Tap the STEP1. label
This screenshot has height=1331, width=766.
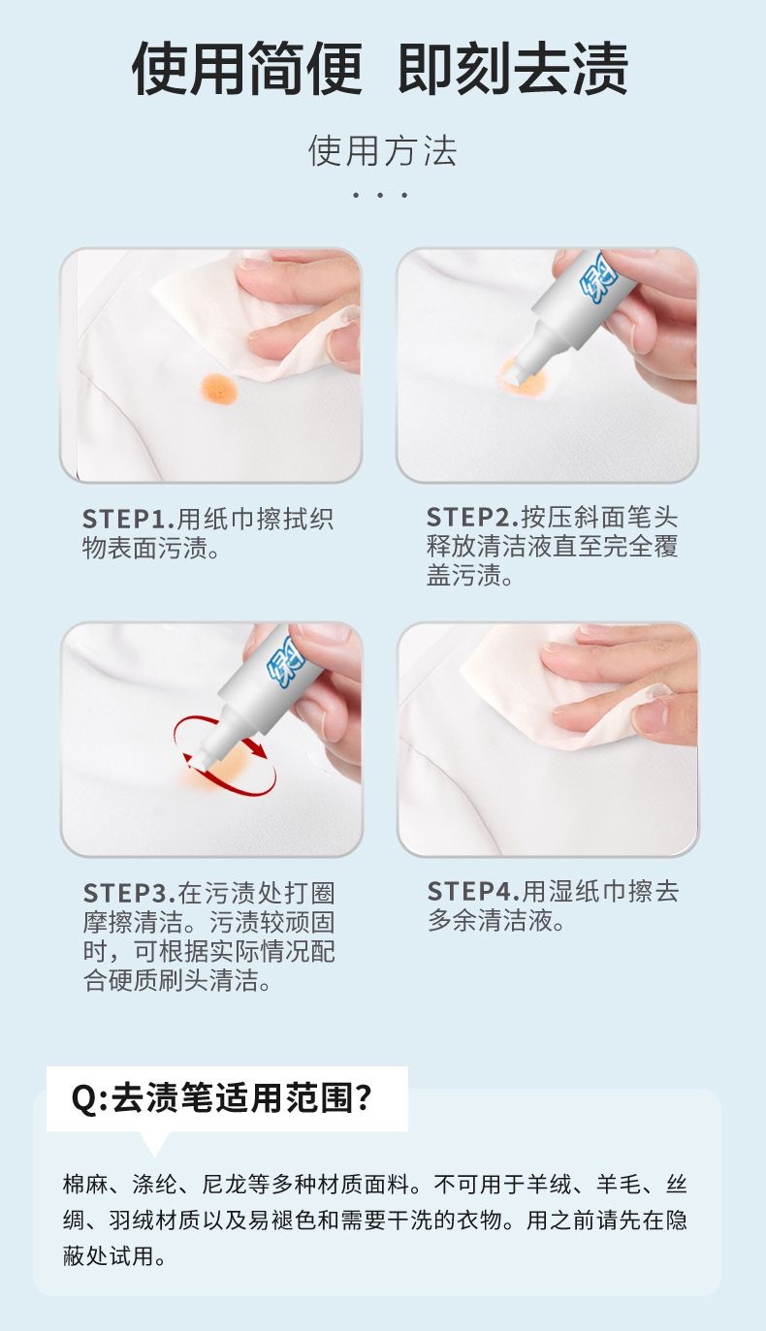[129, 520]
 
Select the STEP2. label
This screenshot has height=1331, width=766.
[473, 518]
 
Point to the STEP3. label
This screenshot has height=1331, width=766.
[130, 893]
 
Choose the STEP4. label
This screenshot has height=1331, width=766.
[474, 891]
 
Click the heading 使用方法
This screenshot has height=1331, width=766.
[382, 151]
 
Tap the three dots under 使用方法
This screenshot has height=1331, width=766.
[380, 195]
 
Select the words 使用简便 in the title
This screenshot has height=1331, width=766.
[246, 68]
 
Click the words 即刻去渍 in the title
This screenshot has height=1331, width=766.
[513, 68]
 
